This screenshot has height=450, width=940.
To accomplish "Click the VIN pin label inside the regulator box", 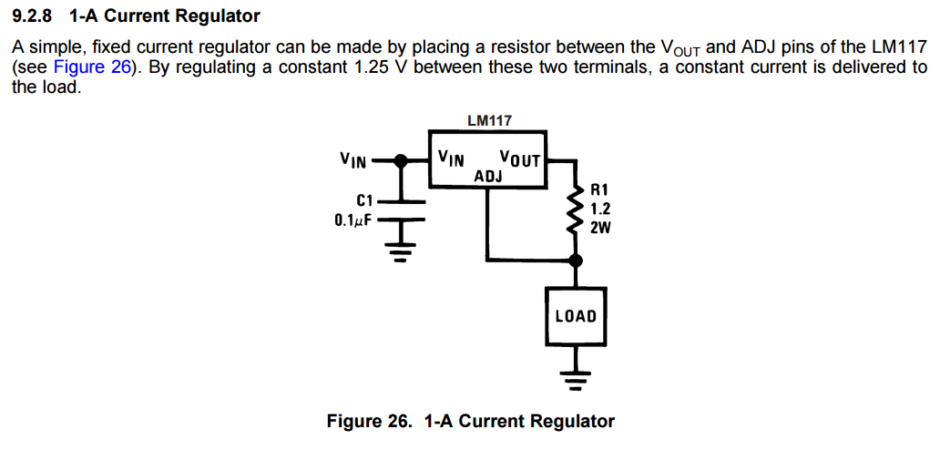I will click(451, 158).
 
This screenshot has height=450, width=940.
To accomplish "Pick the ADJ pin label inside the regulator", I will click(489, 175).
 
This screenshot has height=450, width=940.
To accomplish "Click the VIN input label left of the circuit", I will click(353, 160).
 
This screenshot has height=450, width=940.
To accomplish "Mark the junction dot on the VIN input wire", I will click(401, 159).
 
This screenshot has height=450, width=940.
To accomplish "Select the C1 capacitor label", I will click(365, 200).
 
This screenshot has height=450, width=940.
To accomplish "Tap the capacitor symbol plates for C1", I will click(401, 210).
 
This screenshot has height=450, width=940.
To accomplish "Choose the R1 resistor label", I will click(599, 190).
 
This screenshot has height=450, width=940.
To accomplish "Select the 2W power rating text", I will click(600, 227).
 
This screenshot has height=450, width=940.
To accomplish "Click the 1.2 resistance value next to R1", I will click(600, 209).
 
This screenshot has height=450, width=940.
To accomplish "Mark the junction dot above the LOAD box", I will click(575, 261).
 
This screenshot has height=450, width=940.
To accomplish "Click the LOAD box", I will click(575, 316).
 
